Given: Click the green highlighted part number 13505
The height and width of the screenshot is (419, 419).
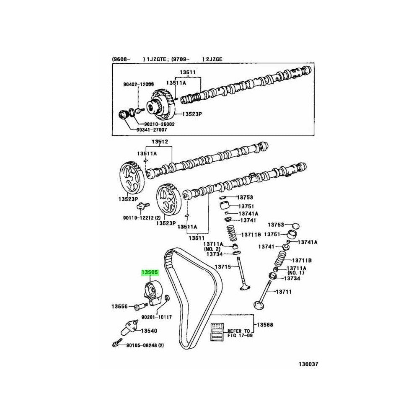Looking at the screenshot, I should pos(149,273).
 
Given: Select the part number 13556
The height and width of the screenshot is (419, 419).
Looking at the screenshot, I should pos(119,306).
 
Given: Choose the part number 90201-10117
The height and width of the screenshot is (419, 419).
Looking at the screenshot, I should pos(157,317).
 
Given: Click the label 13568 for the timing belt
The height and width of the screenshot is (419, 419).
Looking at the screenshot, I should pos(264,324).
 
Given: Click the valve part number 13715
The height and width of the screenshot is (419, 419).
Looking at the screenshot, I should pos(223,266).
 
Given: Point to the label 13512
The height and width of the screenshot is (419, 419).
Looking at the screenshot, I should pos(160,142).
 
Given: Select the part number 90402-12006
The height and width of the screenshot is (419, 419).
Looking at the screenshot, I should pos(138,84).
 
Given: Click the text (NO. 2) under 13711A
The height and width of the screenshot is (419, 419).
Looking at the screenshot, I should pos(212,249).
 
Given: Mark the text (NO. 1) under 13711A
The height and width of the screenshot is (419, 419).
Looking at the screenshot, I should pos(295,273).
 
